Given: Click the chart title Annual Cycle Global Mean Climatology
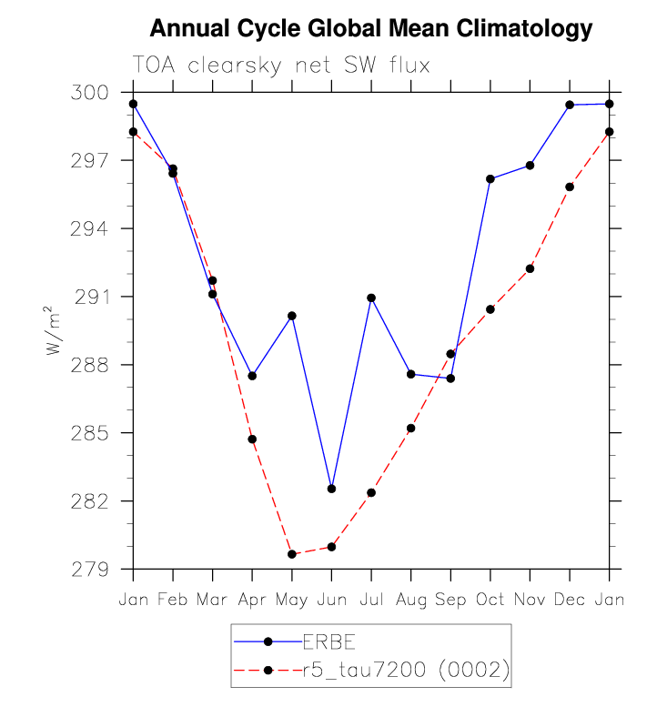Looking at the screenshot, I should point(370,29).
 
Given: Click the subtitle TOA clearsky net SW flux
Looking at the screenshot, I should point(281,66).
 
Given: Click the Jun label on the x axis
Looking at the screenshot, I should point(331,600).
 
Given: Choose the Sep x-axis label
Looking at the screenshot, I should point(450,600).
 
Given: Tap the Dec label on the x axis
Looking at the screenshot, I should point(570,600).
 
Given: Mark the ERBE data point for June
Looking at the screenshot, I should point(331,489).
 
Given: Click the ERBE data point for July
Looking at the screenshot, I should point(371,298).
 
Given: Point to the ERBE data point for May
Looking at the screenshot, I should point(292,316).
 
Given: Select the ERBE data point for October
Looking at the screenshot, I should point(490,178).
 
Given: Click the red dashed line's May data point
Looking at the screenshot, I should point(292,554).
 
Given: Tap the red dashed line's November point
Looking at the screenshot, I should point(530,268).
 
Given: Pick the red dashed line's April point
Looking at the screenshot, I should point(252,439).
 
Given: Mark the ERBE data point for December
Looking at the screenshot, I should point(570,105).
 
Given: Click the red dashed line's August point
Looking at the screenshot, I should point(411,428).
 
